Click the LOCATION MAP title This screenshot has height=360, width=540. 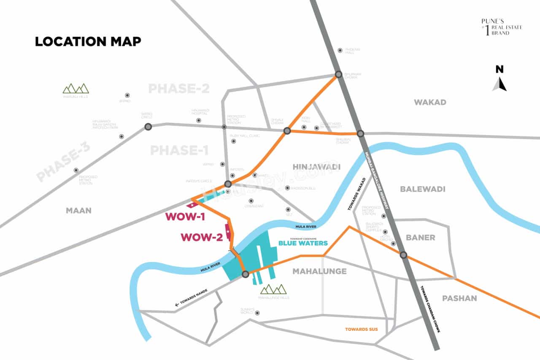coord(88,41)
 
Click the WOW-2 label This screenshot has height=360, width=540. coord(202,237)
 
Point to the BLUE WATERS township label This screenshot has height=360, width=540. coord(303,243)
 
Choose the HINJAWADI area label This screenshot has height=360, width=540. coord(316,167)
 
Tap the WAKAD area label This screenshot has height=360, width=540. coord(430,102)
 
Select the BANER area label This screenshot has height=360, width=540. coord(420,238)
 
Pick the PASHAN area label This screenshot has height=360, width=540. coord(459,298)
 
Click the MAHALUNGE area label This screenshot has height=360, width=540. coord(319,271)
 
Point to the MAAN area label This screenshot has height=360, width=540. coord(78,210)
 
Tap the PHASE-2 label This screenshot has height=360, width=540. coord(179,89)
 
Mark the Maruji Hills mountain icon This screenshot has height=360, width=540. coord(76,88)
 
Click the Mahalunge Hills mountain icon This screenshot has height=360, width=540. coord(273,289)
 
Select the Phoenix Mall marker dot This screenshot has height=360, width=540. coord(340,51)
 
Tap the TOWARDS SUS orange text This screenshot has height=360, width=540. coord(362,329)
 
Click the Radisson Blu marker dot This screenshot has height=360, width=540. coord(287,188)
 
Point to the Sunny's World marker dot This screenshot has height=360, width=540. coord(257,313)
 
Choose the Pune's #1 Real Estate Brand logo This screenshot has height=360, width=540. coord(501,27)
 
